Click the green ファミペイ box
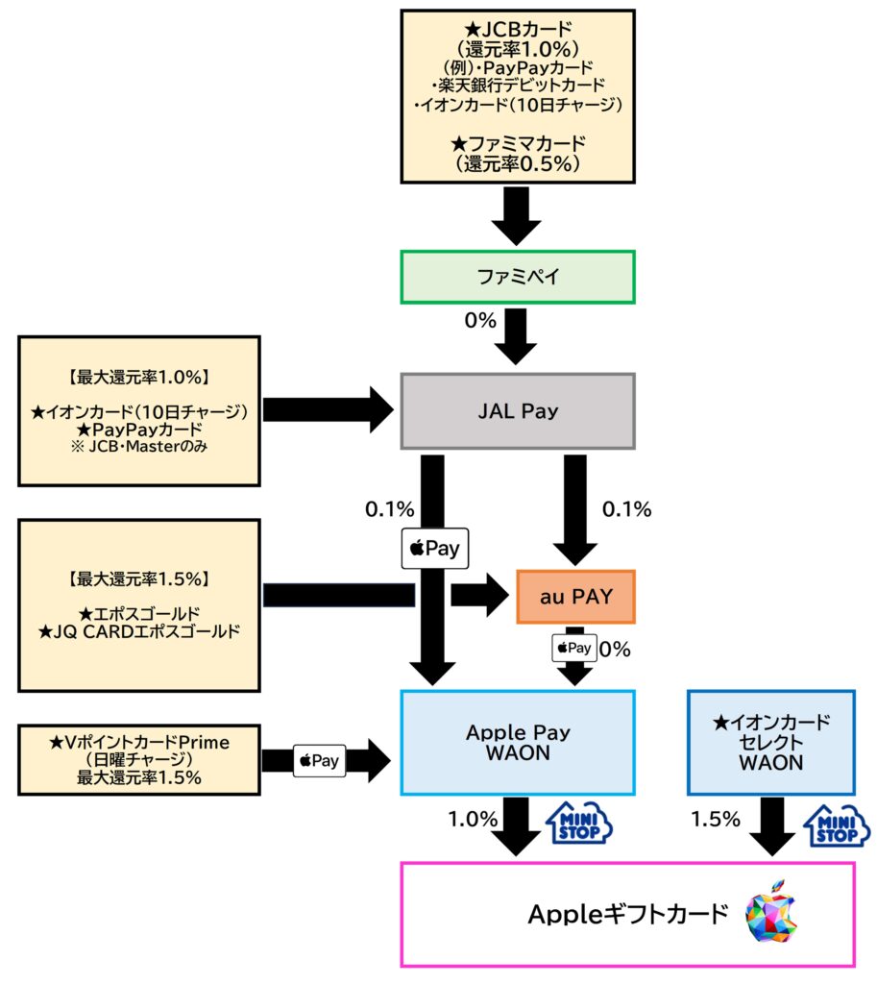tap(518, 277)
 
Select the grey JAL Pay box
tap(518, 411)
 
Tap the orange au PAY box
tap(575, 597)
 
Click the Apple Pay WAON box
tap(518, 742)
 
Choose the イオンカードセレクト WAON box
tap(770, 742)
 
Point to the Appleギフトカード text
tap(628, 914)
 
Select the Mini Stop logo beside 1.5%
tap(835, 824)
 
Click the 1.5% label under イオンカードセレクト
tap(717, 820)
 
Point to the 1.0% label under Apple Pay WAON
tap(472, 820)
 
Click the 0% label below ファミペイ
tap(479, 319)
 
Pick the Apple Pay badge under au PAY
tap(573, 648)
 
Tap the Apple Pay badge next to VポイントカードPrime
tap(319, 761)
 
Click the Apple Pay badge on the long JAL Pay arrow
tap(431, 550)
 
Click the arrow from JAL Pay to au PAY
tap(575, 509)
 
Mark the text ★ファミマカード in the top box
tap(517, 144)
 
